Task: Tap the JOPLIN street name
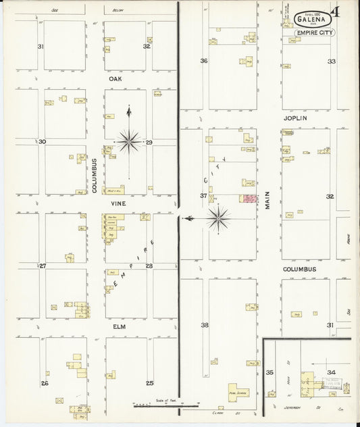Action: [x=295, y=118]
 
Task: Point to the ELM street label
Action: [x=118, y=327]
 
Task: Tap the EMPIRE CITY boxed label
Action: [x=314, y=32]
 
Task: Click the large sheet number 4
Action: [x=344, y=13]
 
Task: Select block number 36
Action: [x=204, y=61]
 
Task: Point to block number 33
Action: [x=331, y=61]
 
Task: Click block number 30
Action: [x=42, y=142]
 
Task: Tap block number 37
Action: [x=203, y=196]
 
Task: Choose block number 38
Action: [x=205, y=325]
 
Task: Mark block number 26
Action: [x=45, y=383]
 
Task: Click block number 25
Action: [x=149, y=383]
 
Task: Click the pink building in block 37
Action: [x=249, y=199]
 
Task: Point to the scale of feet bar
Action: [x=165, y=405]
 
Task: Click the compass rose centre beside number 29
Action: [x=129, y=141]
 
